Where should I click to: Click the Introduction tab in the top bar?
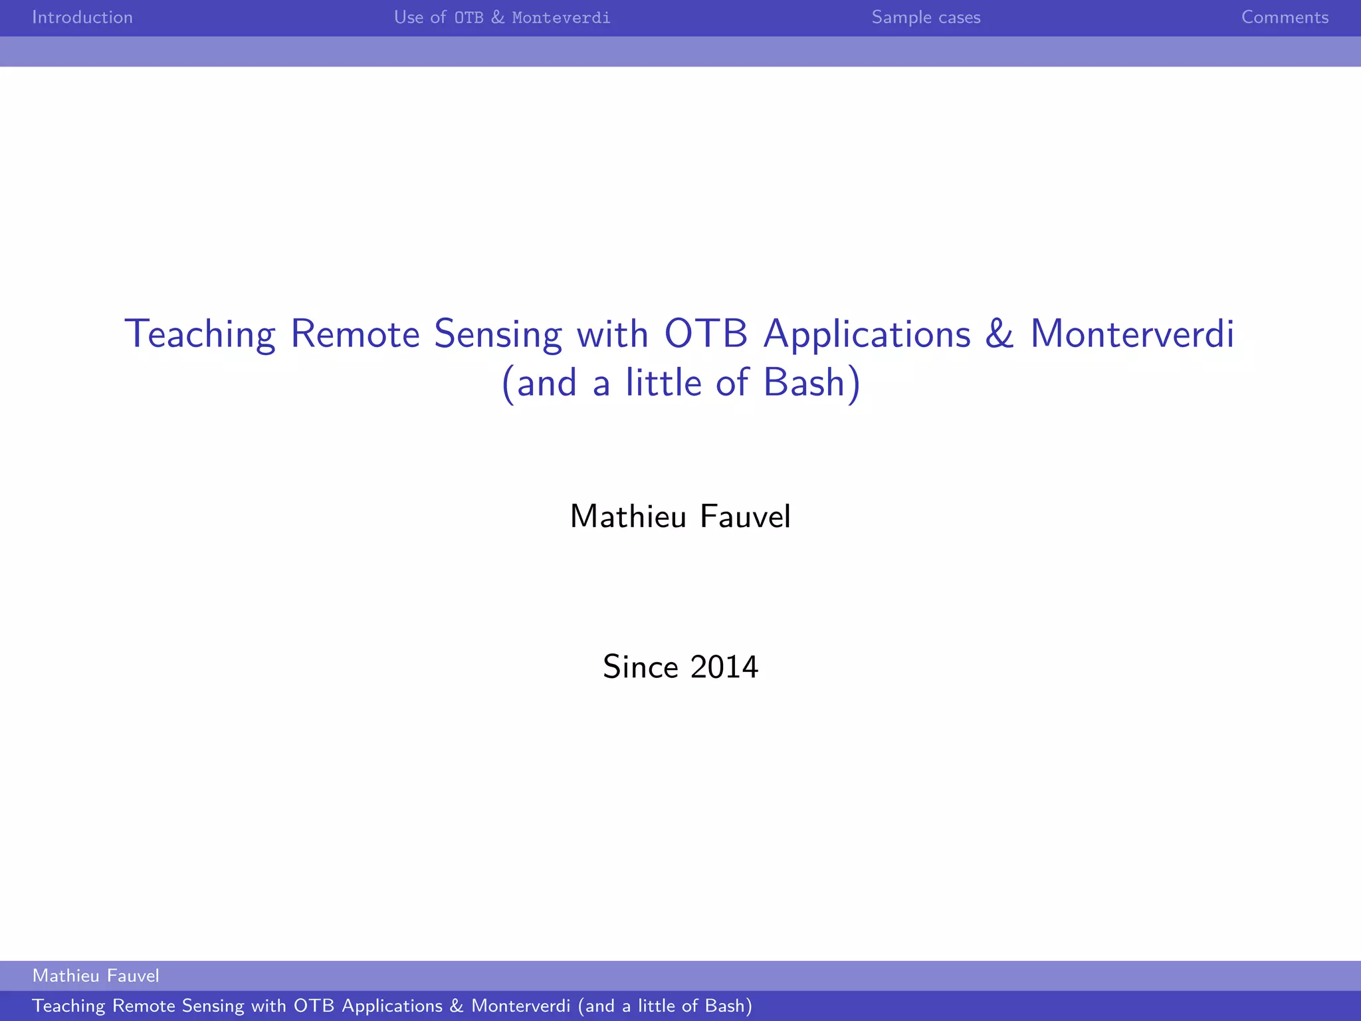[82, 17]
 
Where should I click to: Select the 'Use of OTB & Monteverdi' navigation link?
[502, 17]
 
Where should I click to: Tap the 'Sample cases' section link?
[926, 17]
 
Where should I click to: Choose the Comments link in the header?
[1285, 17]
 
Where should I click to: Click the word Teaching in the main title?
[199, 334]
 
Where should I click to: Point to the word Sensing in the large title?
[498, 334]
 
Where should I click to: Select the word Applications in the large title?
[867, 334]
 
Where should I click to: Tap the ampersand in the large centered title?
[999, 334]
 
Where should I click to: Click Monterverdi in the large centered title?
[1132, 334]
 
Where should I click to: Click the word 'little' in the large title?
[663, 383]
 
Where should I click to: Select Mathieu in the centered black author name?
[628, 516]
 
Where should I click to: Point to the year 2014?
[724, 667]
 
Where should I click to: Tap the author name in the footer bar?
[96, 976]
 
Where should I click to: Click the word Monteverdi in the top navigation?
[561, 17]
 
